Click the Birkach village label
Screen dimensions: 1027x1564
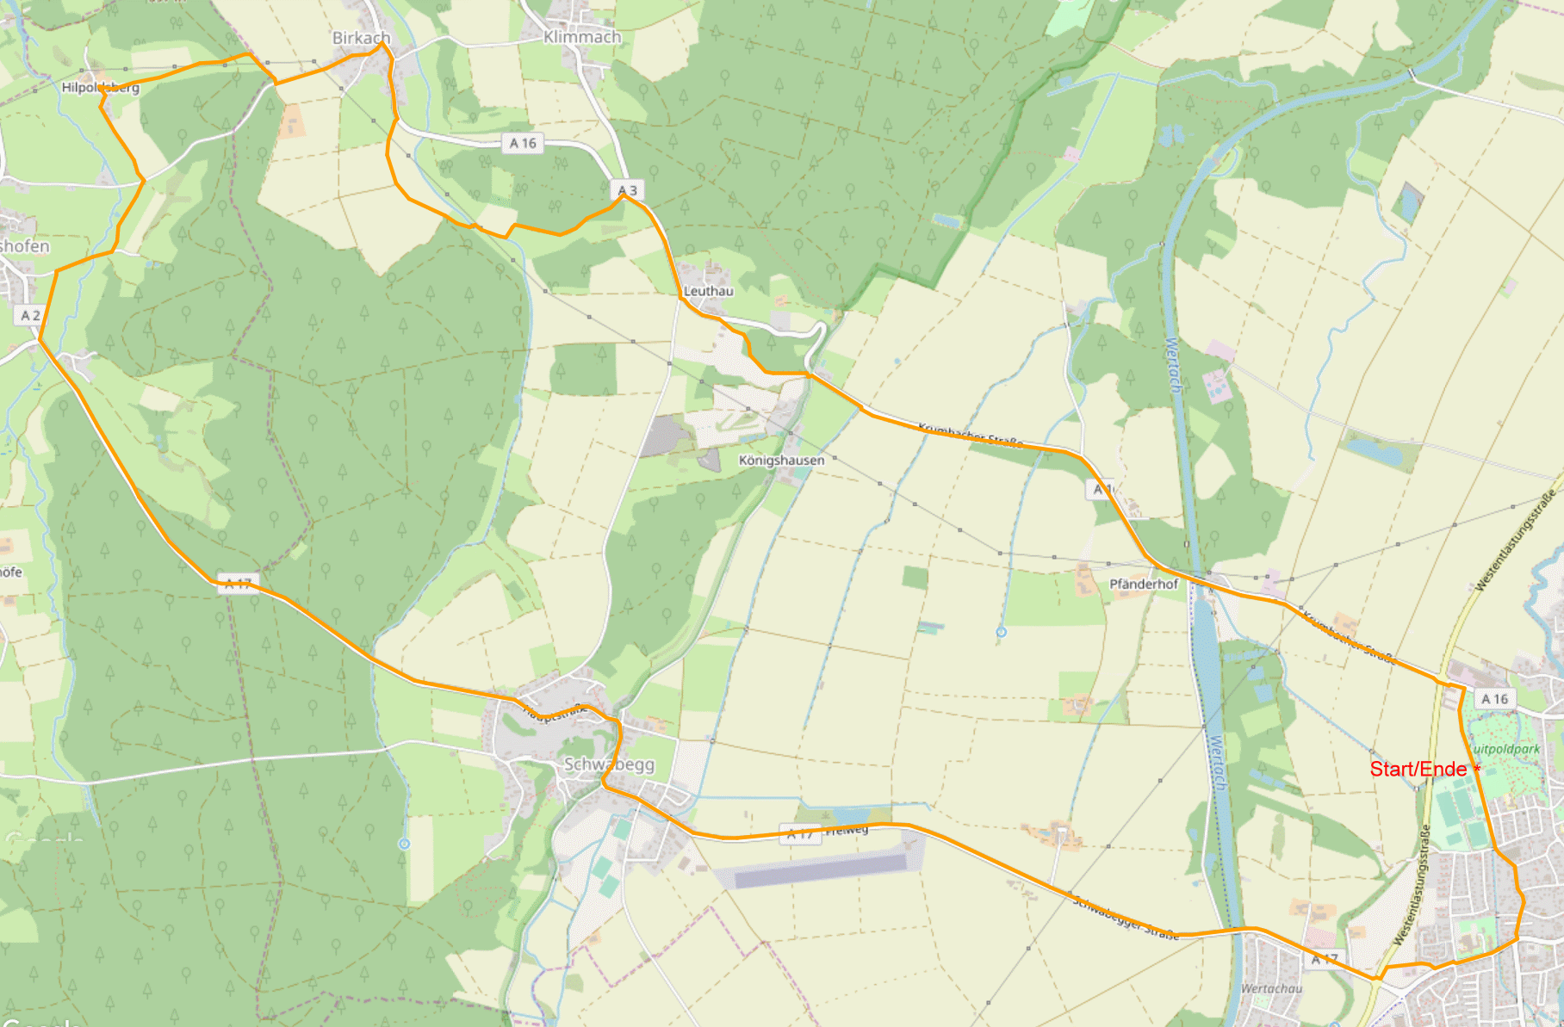tap(361, 38)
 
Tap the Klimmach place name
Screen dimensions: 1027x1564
tap(582, 37)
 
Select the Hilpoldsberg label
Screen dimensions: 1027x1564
tap(100, 88)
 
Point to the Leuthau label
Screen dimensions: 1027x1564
tap(709, 291)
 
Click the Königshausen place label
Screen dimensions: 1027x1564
tap(781, 461)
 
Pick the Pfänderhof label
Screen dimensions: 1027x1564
tap(1143, 584)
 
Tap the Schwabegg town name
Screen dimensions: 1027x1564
tap(609, 764)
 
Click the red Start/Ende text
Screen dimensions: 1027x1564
tap(1418, 769)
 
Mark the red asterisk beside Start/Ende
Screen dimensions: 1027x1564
tap(1478, 768)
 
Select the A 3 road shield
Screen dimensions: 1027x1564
tap(628, 190)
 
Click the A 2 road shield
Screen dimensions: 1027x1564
tap(30, 316)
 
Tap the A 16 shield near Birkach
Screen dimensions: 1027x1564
tap(523, 143)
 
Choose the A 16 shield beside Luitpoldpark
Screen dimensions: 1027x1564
tap(1494, 699)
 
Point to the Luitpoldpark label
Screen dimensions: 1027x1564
tap(1507, 749)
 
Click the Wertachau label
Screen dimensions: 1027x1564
tap(1271, 988)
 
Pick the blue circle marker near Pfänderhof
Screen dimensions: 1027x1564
tap(1001, 633)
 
